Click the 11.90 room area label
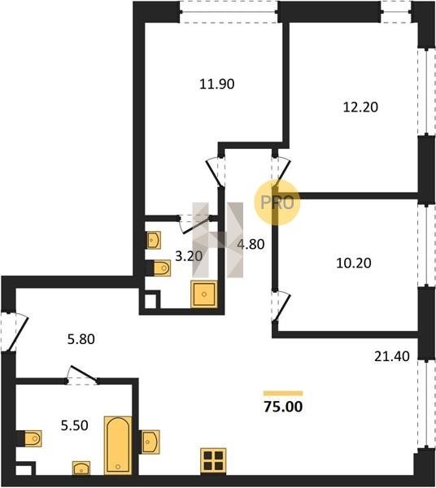217,85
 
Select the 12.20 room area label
360,107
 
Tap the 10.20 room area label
354,264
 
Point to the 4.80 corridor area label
251,244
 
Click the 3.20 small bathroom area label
189,256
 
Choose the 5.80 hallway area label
81,339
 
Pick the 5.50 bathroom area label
74,425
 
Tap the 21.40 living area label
392,357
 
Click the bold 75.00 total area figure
283,407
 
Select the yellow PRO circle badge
277,203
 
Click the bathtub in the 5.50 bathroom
118,446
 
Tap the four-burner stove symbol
213,460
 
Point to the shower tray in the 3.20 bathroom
204,294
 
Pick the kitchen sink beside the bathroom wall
150,442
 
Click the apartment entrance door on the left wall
14,332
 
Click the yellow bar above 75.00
283,393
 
